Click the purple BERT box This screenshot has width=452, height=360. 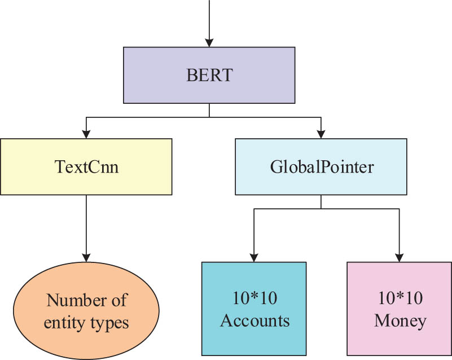pyautogui.click(x=209, y=75)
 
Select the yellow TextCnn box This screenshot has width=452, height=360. pyautogui.click(x=86, y=167)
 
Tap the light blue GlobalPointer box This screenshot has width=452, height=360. pyautogui.click(x=321, y=167)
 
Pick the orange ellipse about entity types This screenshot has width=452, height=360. pyautogui.click(x=86, y=311)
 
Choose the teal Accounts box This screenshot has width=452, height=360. pyautogui.click(x=254, y=309)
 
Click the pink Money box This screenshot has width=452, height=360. pyautogui.click(x=400, y=309)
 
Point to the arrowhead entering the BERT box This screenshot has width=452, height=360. pyautogui.click(x=209, y=42)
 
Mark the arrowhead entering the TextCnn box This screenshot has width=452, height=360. pyautogui.click(x=86, y=134)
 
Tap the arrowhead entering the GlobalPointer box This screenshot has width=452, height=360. pyautogui.click(x=321, y=134)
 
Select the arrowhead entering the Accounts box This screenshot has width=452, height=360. pyautogui.click(x=254, y=256)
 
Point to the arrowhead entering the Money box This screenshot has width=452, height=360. pyautogui.click(x=400, y=256)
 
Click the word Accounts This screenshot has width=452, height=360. pyautogui.click(x=254, y=321)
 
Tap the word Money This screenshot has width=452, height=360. pyautogui.click(x=400, y=321)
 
